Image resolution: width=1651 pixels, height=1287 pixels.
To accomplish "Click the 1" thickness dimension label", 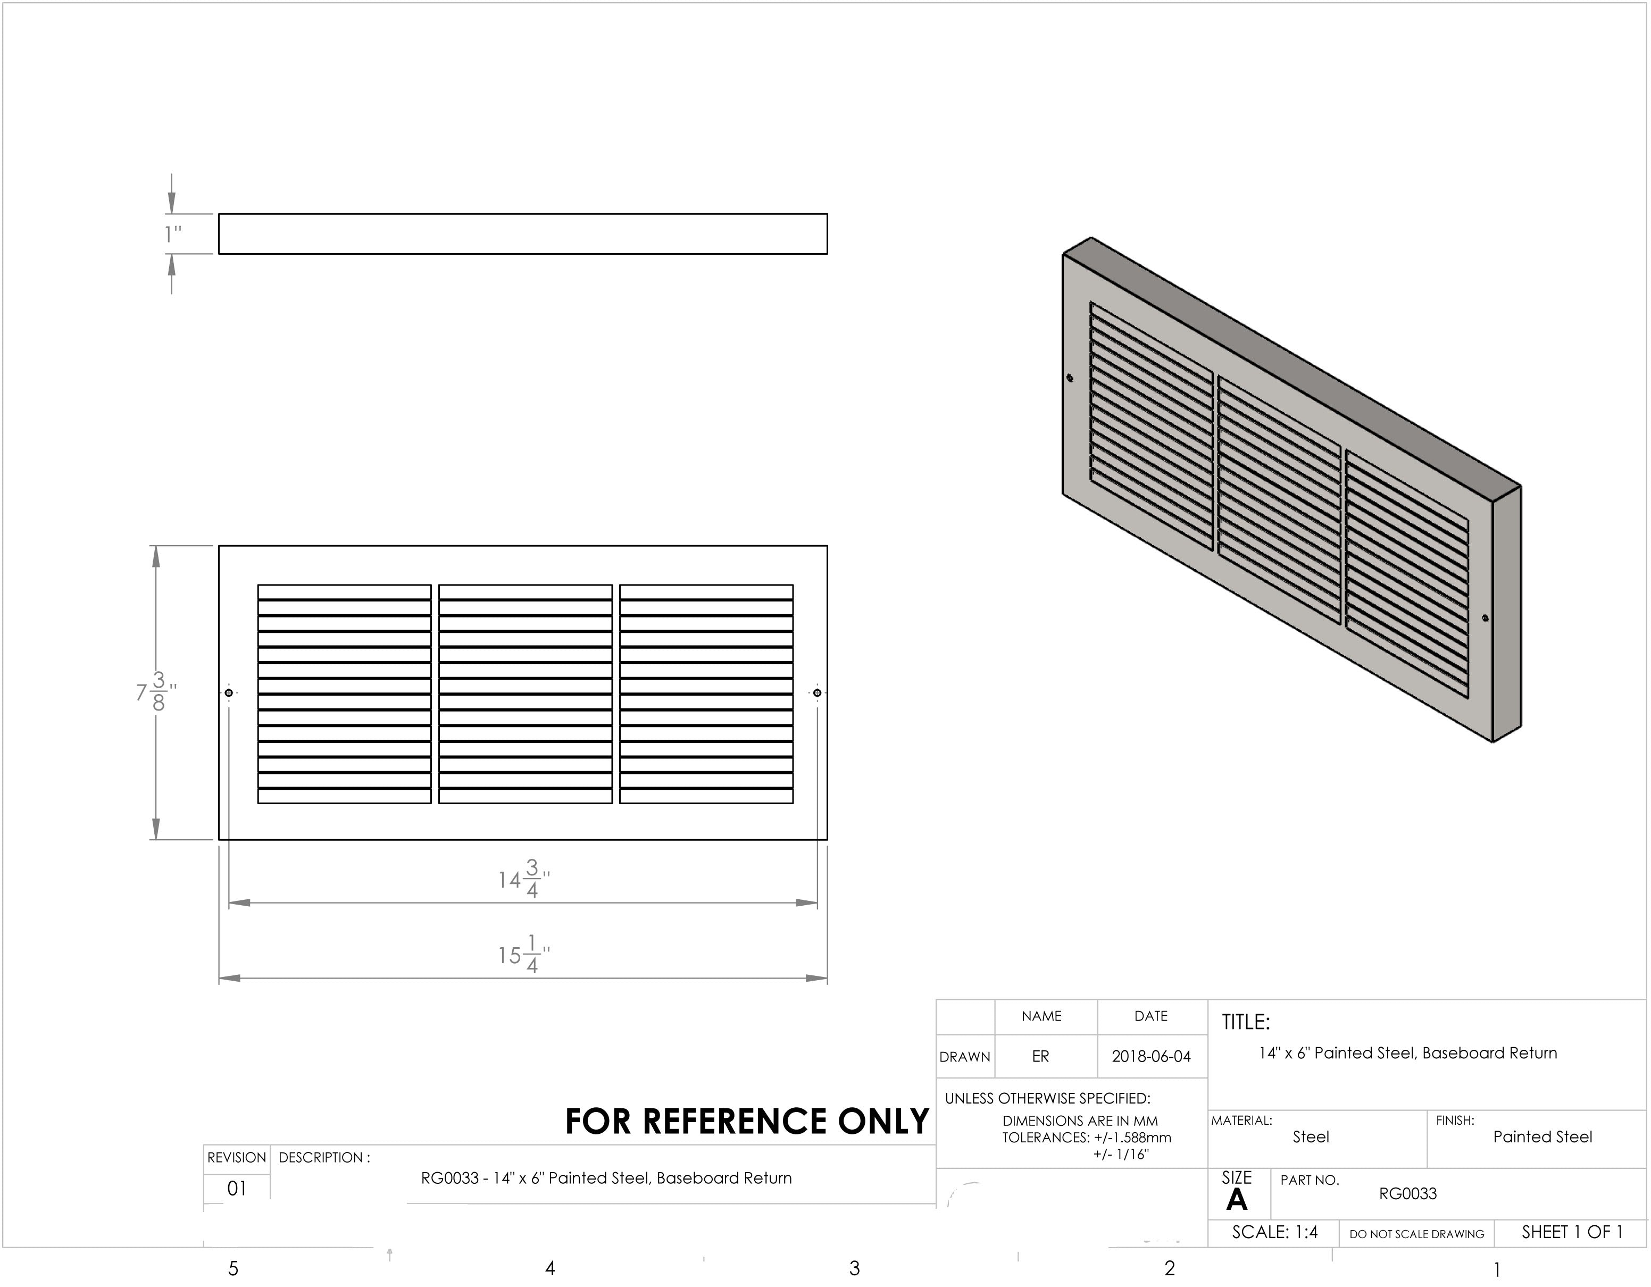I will point(173,235).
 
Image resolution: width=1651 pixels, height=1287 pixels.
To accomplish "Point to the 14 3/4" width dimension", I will point(524,879).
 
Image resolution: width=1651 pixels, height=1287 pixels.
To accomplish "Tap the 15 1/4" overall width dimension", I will point(524,955).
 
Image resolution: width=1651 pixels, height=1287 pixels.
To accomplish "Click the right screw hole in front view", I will point(817,692).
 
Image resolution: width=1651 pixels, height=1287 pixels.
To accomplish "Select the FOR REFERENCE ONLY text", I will point(747,1122).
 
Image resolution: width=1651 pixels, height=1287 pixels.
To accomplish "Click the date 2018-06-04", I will point(1150,1057).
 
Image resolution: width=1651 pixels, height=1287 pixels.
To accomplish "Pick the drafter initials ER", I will point(1040,1057).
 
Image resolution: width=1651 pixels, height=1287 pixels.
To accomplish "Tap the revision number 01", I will point(237,1189).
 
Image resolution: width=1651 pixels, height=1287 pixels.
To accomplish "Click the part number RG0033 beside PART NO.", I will point(1407,1194).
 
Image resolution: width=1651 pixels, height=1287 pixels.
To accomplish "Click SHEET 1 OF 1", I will point(1572,1233).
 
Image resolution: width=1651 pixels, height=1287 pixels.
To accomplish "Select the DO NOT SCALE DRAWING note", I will point(1416,1234).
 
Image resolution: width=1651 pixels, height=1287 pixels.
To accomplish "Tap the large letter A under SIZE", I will point(1236,1200).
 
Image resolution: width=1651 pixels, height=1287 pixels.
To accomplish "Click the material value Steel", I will point(1310,1138).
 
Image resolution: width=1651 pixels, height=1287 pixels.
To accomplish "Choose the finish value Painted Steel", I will point(1542,1138).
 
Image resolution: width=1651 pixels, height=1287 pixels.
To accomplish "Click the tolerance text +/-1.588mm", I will point(1132,1138).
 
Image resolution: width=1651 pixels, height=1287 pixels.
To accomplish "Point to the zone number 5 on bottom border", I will point(233,1269).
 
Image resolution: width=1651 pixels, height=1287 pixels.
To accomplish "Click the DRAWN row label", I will point(965,1057).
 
